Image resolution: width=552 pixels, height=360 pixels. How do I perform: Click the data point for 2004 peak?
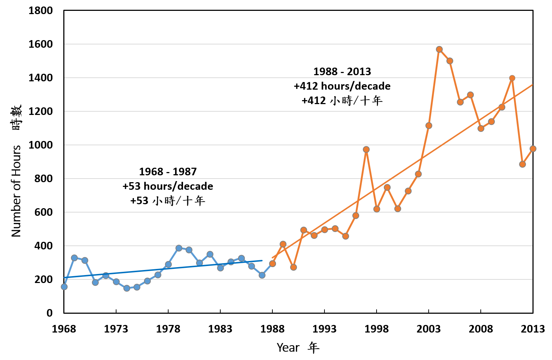(x=439, y=50)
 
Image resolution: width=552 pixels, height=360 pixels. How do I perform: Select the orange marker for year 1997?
(x=366, y=149)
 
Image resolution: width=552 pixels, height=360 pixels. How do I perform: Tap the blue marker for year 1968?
(x=64, y=287)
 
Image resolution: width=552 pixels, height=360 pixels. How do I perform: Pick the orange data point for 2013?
(x=533, y=149)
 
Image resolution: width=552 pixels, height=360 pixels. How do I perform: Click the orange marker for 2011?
(x=512, y=78)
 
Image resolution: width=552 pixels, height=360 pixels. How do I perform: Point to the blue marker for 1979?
(x=179, y=248)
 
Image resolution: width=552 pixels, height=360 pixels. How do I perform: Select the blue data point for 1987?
(x=262, y=275)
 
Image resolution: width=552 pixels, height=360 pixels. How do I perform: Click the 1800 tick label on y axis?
(x=41, y=11)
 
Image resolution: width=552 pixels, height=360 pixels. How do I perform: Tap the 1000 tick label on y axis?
(x=41, y=145)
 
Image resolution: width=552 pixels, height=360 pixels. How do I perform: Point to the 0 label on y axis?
(x=50, y=313)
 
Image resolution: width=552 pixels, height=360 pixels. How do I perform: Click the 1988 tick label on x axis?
(x=272, y=329)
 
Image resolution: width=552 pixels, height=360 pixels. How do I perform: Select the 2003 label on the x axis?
(x=429, y=329)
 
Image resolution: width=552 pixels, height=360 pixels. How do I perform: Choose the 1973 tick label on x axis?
(x=116, y=329)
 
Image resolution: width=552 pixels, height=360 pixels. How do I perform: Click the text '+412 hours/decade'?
(x=342, y=86)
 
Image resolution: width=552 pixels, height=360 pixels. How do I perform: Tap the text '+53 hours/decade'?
(x=168, y=186)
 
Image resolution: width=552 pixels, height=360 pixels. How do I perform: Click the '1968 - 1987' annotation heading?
(x=168, y=172)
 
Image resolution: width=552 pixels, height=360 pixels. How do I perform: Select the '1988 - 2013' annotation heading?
(x=342, y=72)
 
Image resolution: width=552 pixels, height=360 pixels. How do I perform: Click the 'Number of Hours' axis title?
(x=16, y=191)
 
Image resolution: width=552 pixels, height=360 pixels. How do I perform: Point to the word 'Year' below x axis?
(x=288, y=348)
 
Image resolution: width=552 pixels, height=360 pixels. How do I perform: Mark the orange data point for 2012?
(x=522, y=164)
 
